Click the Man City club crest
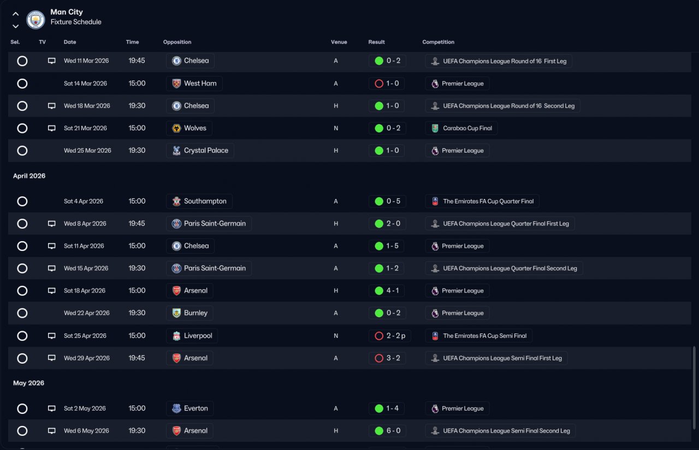click(x=35, y=19)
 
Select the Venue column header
click(x=339, y=42)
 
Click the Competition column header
click(x=438, y=42)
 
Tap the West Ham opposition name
click(x=200, y=84)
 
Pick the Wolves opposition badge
click(x=176, y=128)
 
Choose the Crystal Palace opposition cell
click(x=200, y=150)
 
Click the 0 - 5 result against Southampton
click(x=393, y=201)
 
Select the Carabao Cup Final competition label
click(x=467, y=128)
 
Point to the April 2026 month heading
click(x=29, y=176)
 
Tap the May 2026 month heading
click(x=28, y=383)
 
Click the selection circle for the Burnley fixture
click(x=22, y=313)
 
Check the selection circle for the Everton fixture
click(x=22, y=408)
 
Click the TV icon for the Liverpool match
click(x=51, y=336)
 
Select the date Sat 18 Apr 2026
click(x=85, y=291)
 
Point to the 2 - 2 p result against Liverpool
click(x=396, y=336)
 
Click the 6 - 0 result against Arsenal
click(x=393, y=431)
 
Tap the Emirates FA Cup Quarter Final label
click(x=488, y=201)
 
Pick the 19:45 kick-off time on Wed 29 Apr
click(x=137, y=358)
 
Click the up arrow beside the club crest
click(x=16, y=14)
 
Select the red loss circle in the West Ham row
click(x=379, y=84)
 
